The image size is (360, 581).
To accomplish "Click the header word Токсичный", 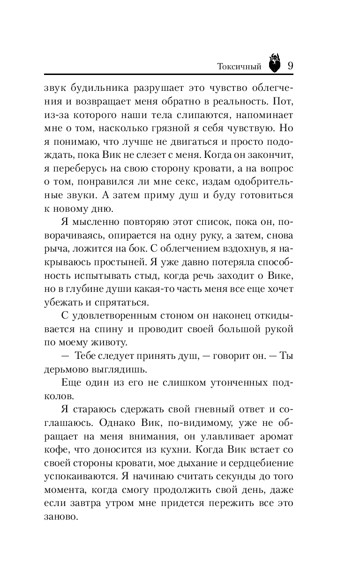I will click(240, 67).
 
